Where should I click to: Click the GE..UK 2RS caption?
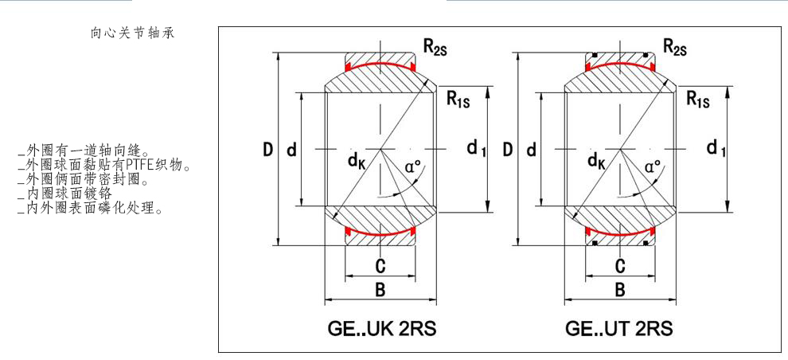click(x=380, y=328)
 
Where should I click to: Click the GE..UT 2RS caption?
click(x=620, y=328)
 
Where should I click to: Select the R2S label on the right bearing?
click(x=676, y=49)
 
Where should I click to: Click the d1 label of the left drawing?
click(x=476, y=148)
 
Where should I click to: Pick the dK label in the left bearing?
click(x=355, y=162)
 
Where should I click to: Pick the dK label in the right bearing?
click(x=595, y=162)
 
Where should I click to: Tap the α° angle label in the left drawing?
click(x=413, y=167)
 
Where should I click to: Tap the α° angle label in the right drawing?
click(x=653, y=167)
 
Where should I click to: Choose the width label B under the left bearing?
click(x=380, y=290)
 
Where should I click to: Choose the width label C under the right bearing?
click(x=619, y=265)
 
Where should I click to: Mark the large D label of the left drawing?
click(x=268, y=149)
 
